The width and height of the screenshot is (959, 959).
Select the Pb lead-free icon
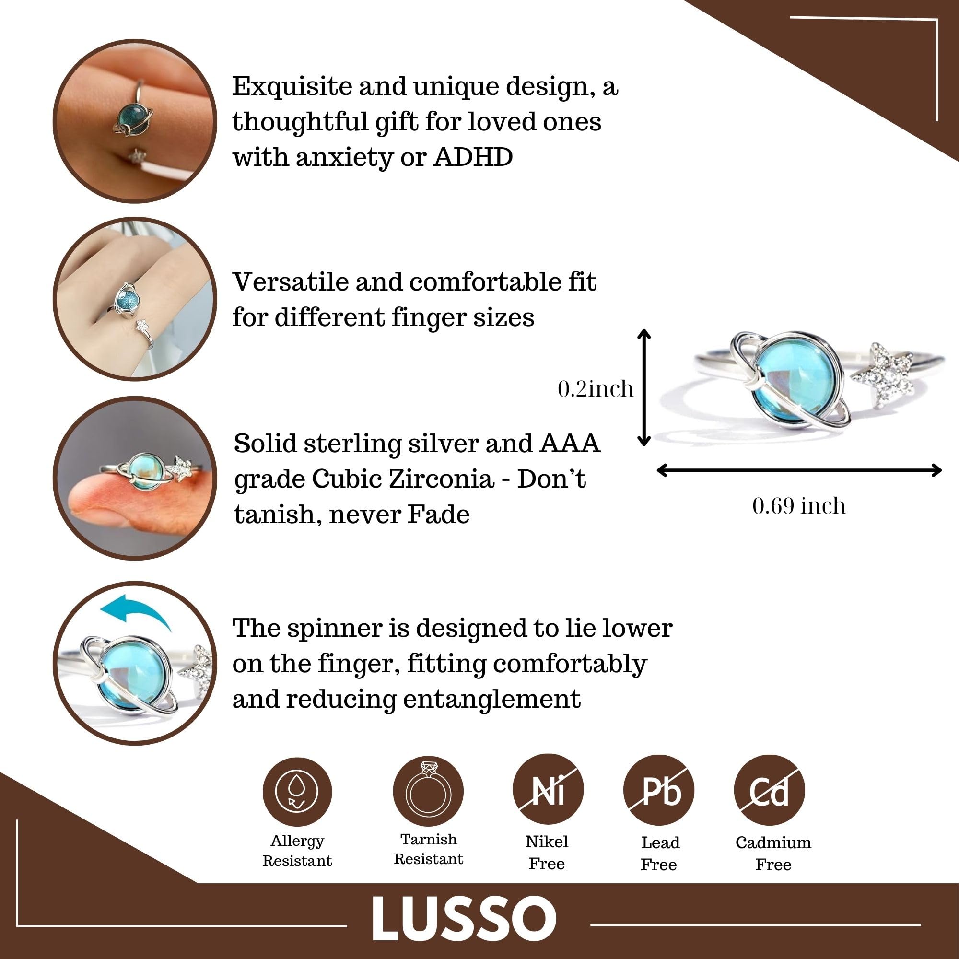tap(659, 790)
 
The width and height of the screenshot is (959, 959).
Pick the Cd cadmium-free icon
tap(770, 790)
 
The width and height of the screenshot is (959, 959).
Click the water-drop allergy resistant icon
tap(297, 792)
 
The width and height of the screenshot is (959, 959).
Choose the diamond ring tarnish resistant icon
tap(428, 791)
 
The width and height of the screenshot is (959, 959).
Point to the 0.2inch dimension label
tap(596, 389)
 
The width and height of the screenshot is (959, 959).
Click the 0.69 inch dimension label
tap(799, 506)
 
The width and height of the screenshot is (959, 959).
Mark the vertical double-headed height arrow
tap(644, 387)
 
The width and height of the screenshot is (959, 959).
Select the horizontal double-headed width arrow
tap(799, 470)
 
